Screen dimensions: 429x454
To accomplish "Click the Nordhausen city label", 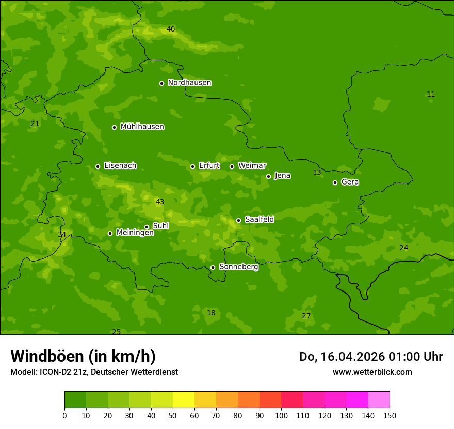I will tap(189, 83).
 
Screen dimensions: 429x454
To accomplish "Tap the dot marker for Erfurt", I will tap(192, 166).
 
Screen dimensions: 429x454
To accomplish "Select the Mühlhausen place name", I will tap(142, 127).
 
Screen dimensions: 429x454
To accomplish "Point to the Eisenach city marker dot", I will tap(98, 166).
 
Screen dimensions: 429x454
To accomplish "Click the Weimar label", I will tap(252, 166).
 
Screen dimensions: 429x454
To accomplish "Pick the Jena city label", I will tap(282, 176).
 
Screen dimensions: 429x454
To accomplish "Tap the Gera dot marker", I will tap(335, 182).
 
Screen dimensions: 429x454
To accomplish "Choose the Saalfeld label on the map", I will tap(259, 220).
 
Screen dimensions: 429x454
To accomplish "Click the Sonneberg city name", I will tap(238, 267).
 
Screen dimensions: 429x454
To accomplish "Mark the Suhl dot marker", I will tap(147, 227).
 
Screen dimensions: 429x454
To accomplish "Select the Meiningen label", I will tap(135, 233).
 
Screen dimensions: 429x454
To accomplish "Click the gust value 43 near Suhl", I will tap(160, 202).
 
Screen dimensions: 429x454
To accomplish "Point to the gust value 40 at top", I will tap(171, 29).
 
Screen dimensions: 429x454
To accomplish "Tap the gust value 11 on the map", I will tap(431, 94).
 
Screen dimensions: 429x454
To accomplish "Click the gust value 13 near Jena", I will tap(317, 172).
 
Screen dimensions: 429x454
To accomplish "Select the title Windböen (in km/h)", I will tap(83, 356).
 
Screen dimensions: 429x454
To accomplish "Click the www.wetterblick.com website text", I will tap(372, 372).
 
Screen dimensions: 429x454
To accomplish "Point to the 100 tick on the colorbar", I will tap(281, 415).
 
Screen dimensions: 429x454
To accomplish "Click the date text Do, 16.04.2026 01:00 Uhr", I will tap(370, 357).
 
